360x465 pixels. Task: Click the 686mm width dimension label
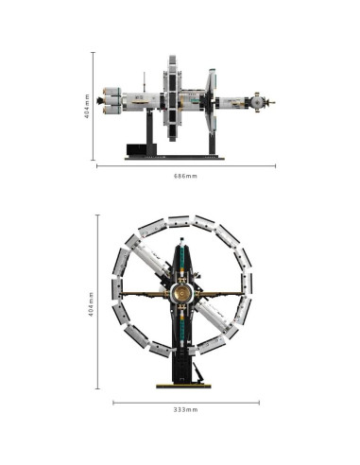tap(185, 176)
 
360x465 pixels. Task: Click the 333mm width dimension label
tap(186, 409)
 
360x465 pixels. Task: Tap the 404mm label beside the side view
tap(87, 106)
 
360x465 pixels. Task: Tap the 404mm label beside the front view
tap(91, 304)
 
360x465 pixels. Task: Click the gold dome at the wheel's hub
tap(182, 293)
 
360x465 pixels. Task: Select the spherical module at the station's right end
tap(258, 102)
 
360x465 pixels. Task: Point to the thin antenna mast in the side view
tap(145, 82)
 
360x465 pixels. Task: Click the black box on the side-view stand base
tap(137, 149)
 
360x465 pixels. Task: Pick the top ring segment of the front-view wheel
tap(179, 221)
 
